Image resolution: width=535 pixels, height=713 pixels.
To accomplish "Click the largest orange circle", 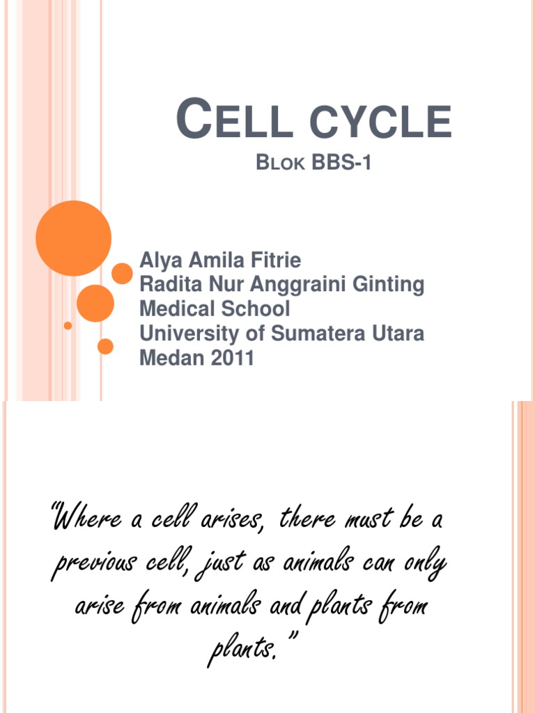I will (73, 238).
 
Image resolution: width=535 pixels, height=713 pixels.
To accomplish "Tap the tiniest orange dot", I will (68, 325).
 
